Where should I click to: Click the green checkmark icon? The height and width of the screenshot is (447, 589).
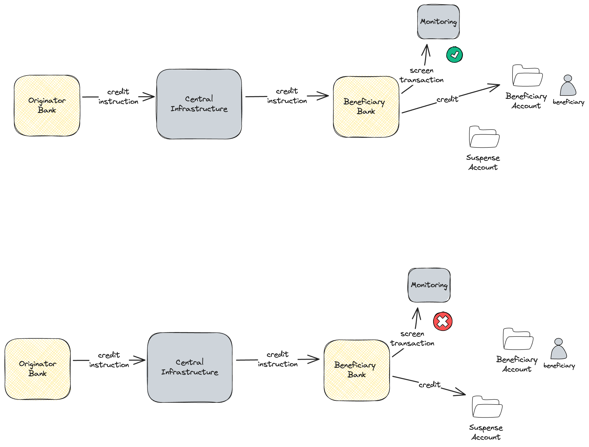coord(454,55)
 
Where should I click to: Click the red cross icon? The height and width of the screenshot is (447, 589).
coord(443,321)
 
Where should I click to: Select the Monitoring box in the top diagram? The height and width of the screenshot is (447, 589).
coord(438,22)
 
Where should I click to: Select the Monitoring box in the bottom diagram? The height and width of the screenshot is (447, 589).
coord(429,285)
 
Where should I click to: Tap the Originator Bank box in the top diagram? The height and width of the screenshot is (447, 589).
coord(47,105)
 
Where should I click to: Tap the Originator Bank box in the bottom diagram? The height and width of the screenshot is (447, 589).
coord(38,369)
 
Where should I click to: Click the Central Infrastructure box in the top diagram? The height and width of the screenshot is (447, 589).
coord(199,104)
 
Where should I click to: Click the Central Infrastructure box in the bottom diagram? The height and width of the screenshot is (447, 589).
coord(190,367)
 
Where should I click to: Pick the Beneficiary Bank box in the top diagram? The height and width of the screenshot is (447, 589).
coord(366,107)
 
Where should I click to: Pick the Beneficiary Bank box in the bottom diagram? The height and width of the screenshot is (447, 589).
coord(357,370)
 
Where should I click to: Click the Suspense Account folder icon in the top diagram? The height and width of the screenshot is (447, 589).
coord(484,137)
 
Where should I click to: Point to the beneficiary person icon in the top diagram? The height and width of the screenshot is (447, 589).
coord(568,86)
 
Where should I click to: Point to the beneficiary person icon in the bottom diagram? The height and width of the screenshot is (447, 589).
coord(558,349)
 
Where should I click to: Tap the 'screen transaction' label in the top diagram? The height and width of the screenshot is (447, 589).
coord(421,75)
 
